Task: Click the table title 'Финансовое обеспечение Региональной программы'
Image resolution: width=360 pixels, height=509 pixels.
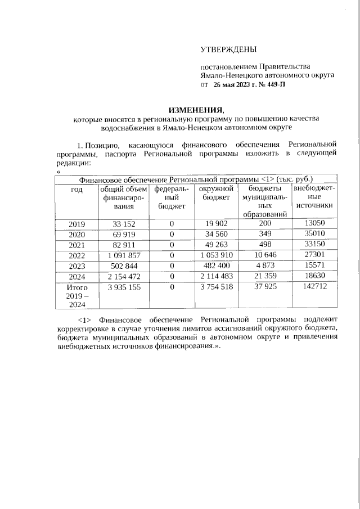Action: point(169,179)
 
